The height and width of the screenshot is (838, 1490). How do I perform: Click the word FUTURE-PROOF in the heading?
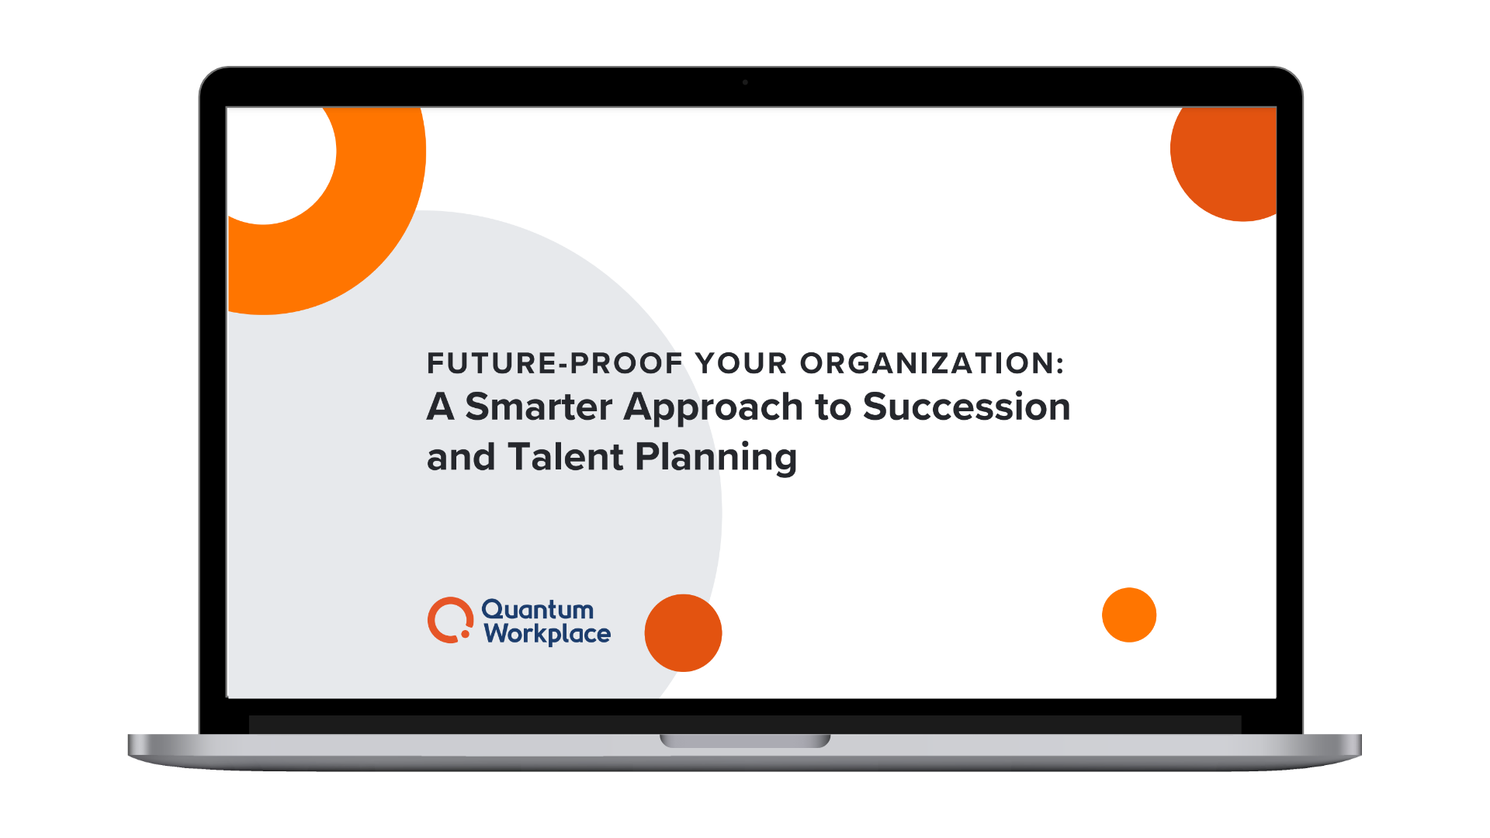point(554,363)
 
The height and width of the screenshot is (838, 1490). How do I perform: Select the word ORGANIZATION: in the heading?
point(932,363)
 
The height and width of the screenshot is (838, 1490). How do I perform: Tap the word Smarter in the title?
point(539,407)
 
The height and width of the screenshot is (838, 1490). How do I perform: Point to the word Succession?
point(966,407)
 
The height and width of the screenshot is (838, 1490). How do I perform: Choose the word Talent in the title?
point(566,457)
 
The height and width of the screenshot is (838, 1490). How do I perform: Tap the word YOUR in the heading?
point(741,363)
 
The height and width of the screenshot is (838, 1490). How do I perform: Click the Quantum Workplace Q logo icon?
point(449,620)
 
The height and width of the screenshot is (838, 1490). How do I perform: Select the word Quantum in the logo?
point(537,610)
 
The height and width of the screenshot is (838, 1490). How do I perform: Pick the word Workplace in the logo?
point(547,635)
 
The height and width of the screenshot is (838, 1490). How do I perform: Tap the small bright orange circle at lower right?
point(1129,615)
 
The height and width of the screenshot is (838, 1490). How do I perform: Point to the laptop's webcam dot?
point(745,82)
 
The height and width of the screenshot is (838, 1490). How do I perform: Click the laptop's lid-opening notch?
point(745,741)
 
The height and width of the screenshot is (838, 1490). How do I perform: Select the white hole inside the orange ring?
point(279,163)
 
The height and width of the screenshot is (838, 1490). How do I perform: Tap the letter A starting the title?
point(440,407)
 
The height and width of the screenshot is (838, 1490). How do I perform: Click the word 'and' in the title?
point(460,457)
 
